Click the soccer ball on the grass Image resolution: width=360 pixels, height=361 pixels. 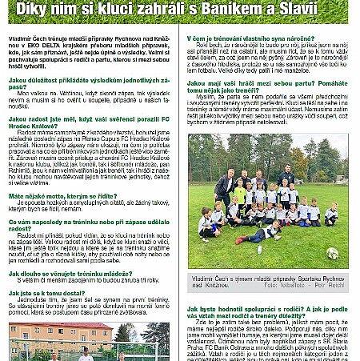click(x=332, y=253)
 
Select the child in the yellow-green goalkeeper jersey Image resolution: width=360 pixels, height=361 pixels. click(x=240, y=193)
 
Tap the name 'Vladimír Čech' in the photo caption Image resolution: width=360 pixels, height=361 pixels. click(x=207, y=277)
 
